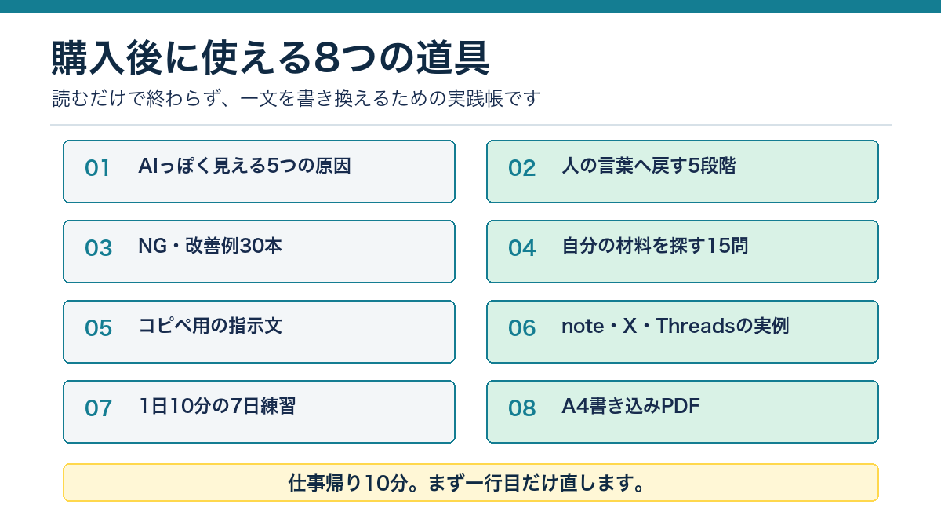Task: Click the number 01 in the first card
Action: click(97, 168)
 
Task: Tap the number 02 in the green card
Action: click(521, 168)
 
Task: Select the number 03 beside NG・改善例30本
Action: click(98, 248)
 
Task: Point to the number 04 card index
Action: click(521, 248)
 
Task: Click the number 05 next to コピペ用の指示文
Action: click(98, 327)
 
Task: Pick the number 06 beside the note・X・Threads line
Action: click(521, 327)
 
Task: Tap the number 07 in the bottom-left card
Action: click(98, 408)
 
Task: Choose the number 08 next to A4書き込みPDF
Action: click(521, 408)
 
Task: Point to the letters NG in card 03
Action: click(152, 246)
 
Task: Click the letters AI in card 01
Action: click(148, 166)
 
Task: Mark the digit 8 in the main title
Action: click(326, 57)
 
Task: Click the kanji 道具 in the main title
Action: click(453, 57)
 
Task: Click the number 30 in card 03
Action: click(251, 246)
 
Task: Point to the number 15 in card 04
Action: click(718, 246)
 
